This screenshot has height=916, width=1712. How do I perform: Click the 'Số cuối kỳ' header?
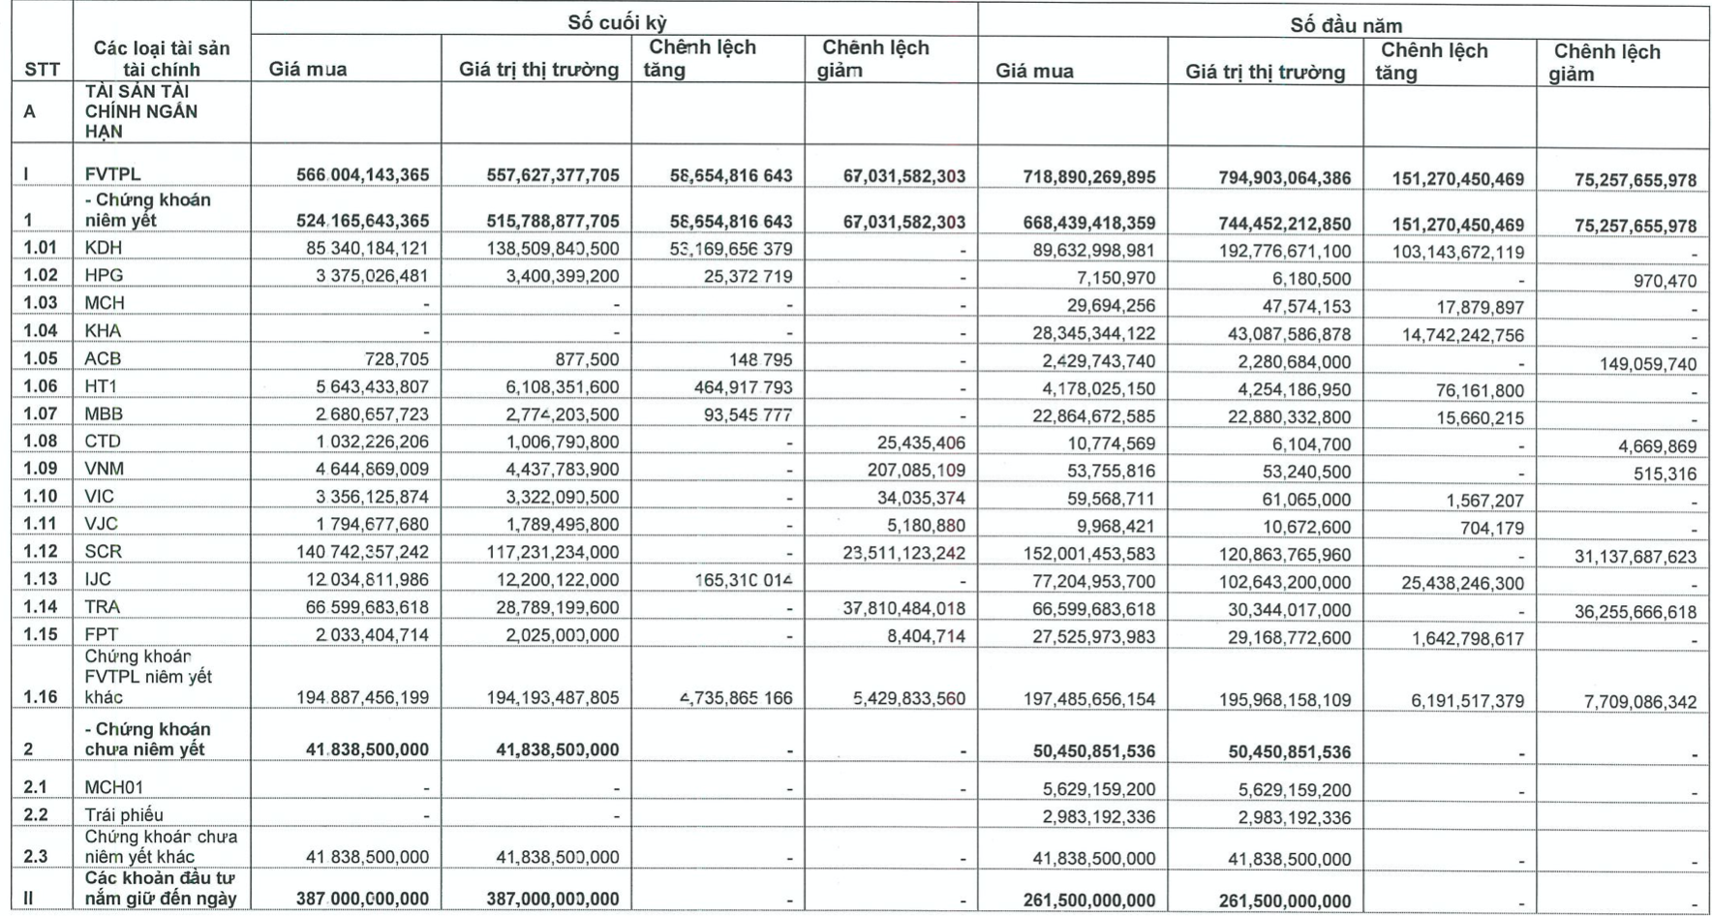pyautogui.click(x=617, y=22)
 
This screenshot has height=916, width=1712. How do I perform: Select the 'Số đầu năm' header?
pyautogui.click(x=1345, y=25)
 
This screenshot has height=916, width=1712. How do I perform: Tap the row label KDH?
pyautogui.click(x=104, y=248)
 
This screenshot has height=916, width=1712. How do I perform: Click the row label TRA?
pyautogui.click(x=103, y=607)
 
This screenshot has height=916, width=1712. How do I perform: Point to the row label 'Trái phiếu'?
pyautogui.click(x=124, y=814)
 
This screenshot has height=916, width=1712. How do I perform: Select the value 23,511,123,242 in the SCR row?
pyautogui.click(x=903, y=553)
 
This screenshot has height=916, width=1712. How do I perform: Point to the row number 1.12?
pyautogui.click(x=41, y=552)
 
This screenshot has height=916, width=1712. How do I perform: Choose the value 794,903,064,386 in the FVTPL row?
pyautogui.click(x=1269, y=178)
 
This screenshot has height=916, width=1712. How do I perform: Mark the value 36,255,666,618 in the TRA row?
pyautogui.click(x=1639, y=612)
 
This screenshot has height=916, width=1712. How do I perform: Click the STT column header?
pyautogui.click(x=42, y=70)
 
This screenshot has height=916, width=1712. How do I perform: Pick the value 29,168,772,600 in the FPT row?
pyautogui.click(x=1285, y=640)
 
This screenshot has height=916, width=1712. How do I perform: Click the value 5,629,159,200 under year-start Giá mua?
pyautogui.click(x=1098, y=789)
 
